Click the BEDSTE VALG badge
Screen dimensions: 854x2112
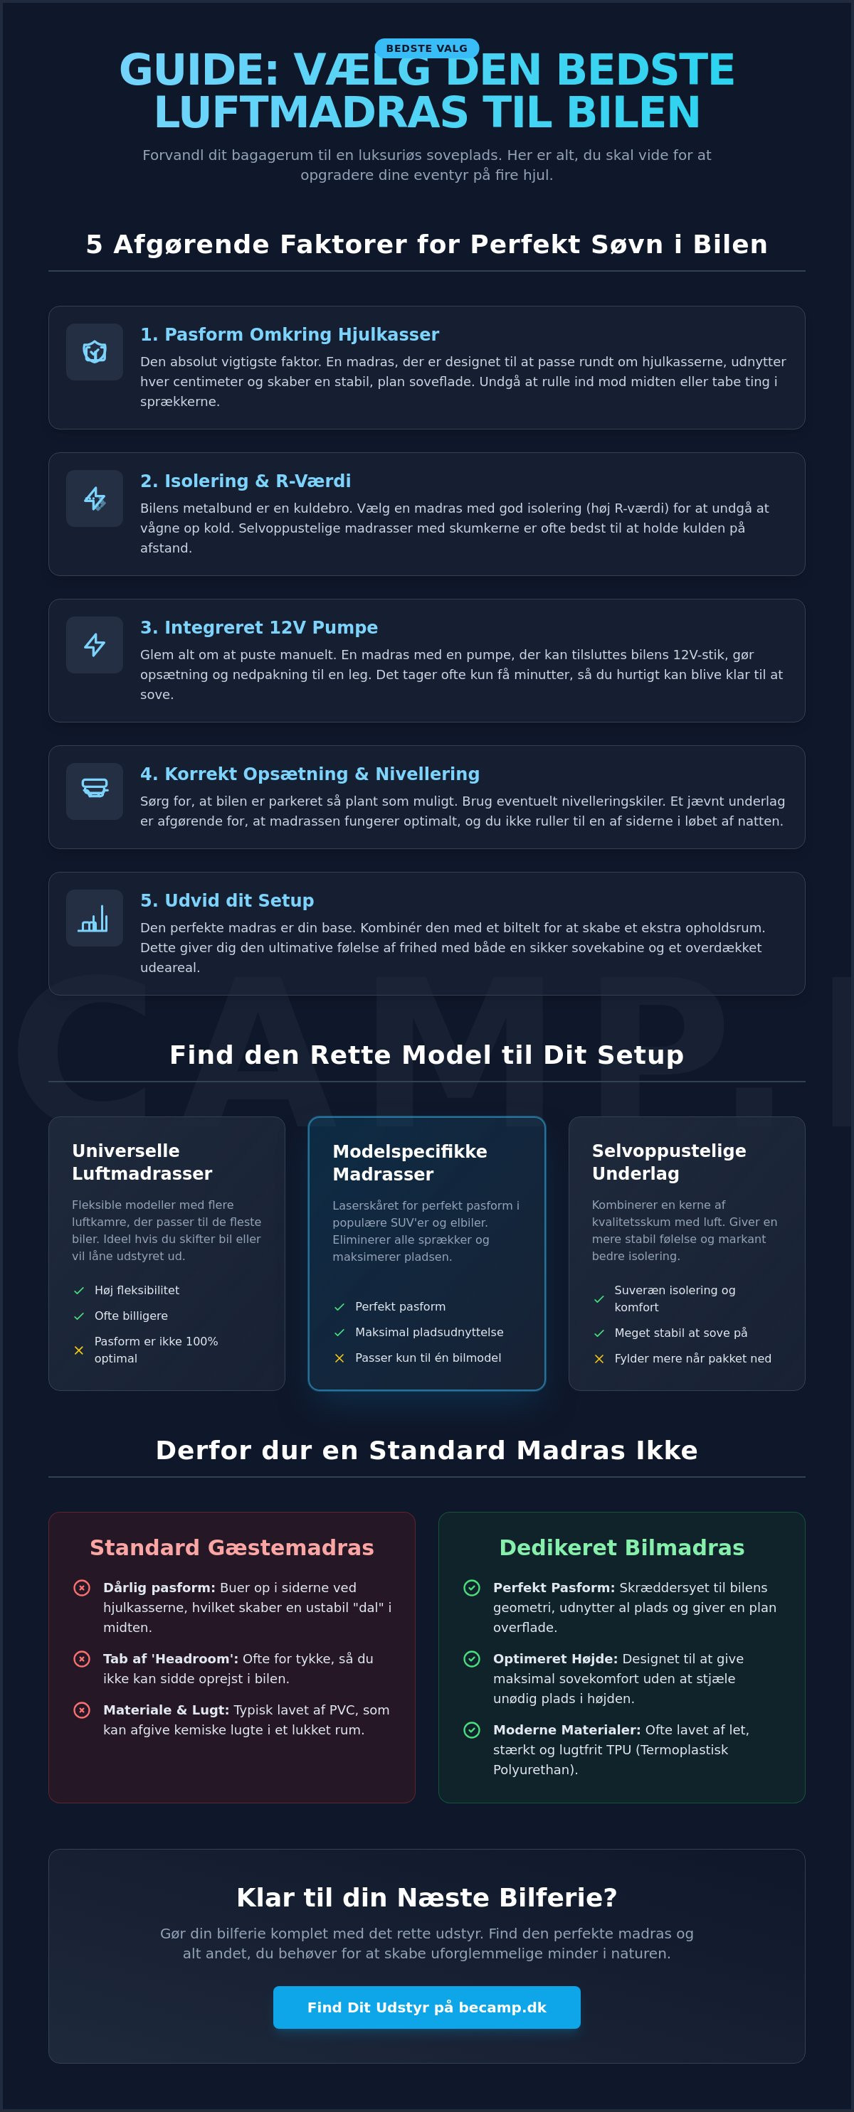tap(426, 48)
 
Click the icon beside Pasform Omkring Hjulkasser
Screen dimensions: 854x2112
tap(95, 352)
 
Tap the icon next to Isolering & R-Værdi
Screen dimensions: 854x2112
tap(95, 498)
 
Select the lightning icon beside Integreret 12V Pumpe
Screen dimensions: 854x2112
tap(95, 644)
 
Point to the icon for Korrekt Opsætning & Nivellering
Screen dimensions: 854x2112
tap(95, 788)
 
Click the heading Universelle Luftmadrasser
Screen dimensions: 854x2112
tap(142, 1162)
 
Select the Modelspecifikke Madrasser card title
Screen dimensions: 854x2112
tap(409, 1163)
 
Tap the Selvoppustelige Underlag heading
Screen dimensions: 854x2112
tap(668, 1162)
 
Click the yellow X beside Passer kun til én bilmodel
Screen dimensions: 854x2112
tap(339, 1358)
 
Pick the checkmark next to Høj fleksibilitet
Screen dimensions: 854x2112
tap(79, 1290)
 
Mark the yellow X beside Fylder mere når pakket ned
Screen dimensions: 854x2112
tap(599, 1358)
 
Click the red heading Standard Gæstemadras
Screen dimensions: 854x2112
tap(231, 1547)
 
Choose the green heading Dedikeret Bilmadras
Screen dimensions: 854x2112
tap(622, 1547)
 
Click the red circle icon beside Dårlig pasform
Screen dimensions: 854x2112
tap(82, 1588)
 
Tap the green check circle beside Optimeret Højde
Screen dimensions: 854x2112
tap(472, 1658)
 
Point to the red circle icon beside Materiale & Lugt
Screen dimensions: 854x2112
tap(82, 1710)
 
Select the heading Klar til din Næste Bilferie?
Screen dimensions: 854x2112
tap(426, 1897)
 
